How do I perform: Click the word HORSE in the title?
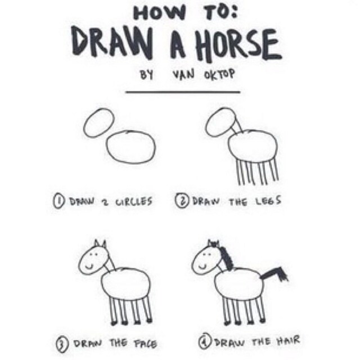[238, 46]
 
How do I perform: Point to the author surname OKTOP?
[220, 75]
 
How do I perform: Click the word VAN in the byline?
[184, 75]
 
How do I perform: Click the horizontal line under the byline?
[183, 92]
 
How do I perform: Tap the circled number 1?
[58, 201]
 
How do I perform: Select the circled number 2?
[182, 201]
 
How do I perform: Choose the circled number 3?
[62, 345]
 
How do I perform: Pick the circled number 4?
[205, 341]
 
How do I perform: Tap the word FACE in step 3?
[146, 344]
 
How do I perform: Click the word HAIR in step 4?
[288, 340]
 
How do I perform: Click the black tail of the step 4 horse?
[273, 274]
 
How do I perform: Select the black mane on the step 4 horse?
[227, 258]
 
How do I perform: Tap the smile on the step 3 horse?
[89, 267]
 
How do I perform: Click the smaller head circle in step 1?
[99, 123]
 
